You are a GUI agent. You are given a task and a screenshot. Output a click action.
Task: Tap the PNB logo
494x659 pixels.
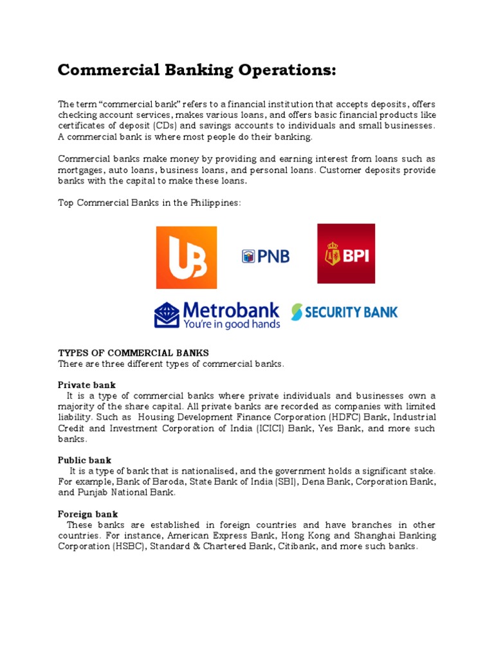tap(266, 257)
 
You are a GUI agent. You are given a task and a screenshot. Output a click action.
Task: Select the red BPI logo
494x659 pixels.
tap(346, 254)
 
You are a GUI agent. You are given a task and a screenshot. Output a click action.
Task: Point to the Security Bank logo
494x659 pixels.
tap(344, 312)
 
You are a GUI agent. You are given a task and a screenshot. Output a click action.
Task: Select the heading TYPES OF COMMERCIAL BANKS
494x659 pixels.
tap(133, 353)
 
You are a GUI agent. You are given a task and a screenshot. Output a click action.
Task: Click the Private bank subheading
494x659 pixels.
tap(87, 385)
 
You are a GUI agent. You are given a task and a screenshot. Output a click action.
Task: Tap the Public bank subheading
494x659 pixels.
tap(84, 460)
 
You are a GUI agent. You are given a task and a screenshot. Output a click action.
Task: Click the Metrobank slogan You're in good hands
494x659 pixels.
tap(232, 324)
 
